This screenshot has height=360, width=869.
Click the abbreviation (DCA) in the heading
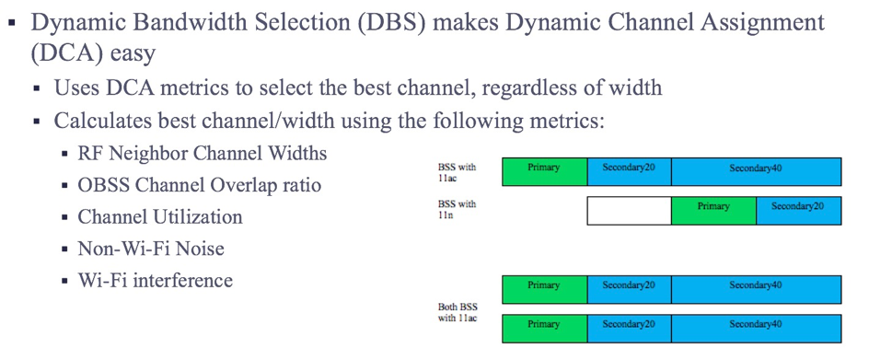coord(65,53)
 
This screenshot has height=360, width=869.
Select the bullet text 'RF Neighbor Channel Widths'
coord(203,153)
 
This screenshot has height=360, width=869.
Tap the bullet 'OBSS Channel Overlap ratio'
coord(200,185)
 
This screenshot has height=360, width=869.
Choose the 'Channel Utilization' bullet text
coord(160,216)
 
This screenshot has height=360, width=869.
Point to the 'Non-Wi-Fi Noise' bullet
coord(151,248)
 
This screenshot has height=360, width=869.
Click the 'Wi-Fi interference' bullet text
coord(156,280)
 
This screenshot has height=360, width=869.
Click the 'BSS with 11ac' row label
coord(457,171)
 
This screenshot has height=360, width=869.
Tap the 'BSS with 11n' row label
coord(457,209)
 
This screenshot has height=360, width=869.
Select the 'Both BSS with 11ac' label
coord(458,312)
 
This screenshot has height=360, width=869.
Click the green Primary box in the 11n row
coord(713,211)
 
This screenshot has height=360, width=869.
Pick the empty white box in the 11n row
coord(629,211)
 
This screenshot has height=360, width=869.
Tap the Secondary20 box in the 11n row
coord(799,211)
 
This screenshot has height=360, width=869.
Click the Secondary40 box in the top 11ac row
coord(756,171)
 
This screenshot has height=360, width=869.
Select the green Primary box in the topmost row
coord(544,171)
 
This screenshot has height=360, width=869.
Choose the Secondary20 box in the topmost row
coord(629,171)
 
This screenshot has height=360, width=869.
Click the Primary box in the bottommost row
coord(544,329)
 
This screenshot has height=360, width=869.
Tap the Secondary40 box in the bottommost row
coord(756,329)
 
